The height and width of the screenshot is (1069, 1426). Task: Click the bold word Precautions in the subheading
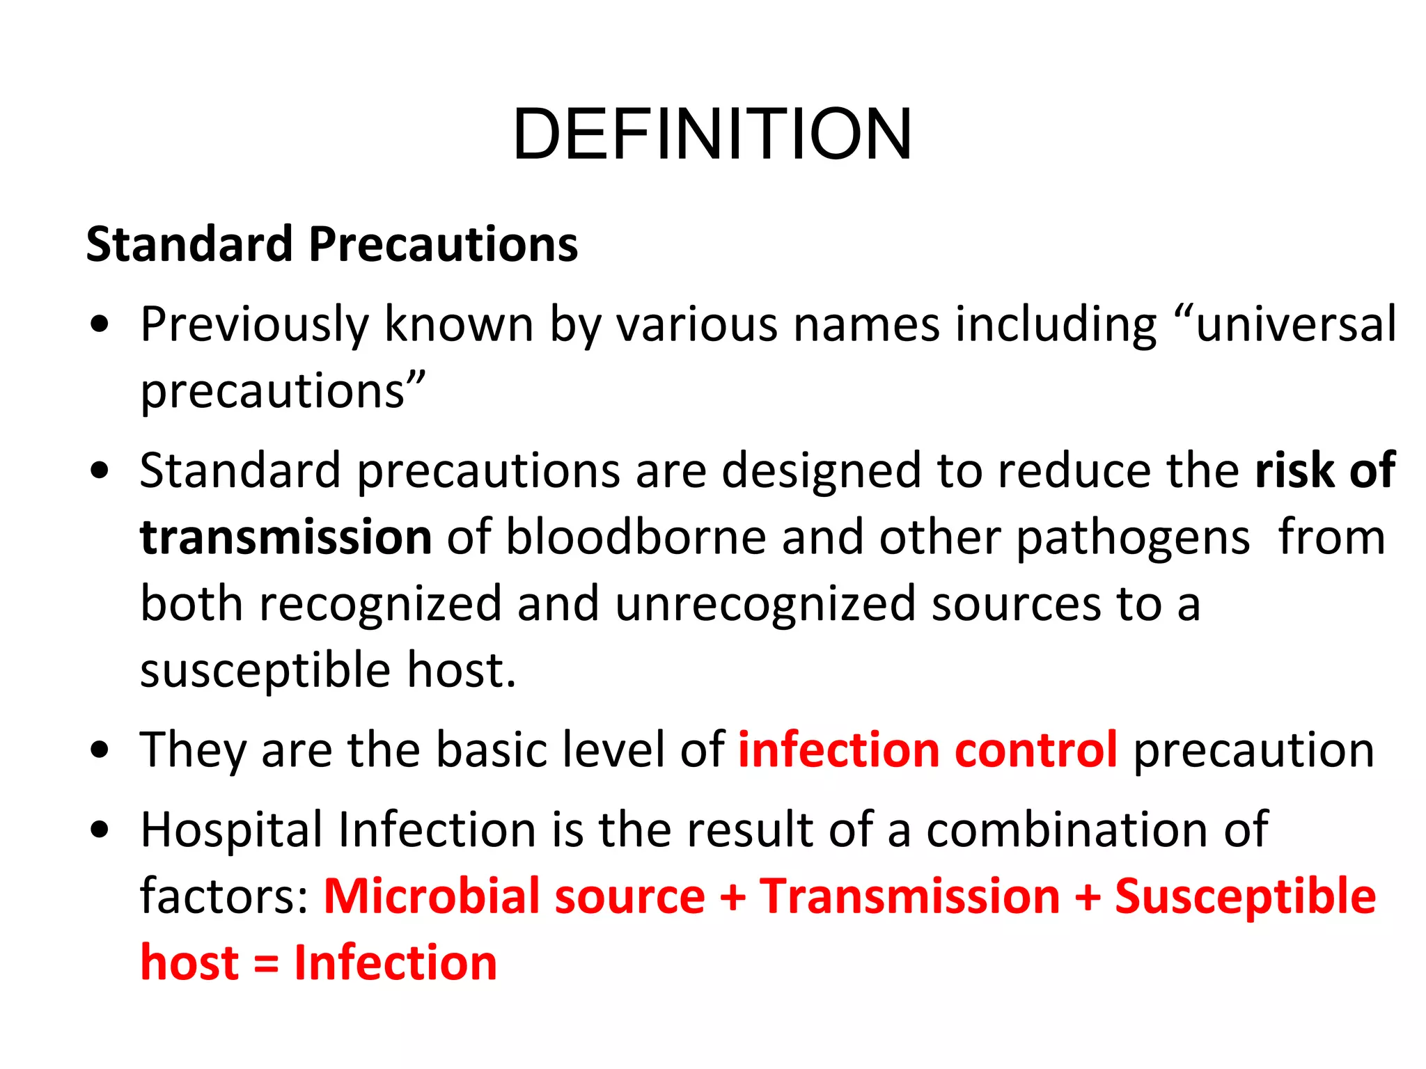pyautogui.click(x=443, y=245)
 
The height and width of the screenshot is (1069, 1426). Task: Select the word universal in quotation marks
pyautogui.click(x=1295, y=324)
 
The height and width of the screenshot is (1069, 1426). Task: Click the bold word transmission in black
pyautogui.click(x=285, y=538)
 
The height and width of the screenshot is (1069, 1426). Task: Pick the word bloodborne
pyautogui.click(x=635, y=538)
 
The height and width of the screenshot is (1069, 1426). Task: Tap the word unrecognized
pyautogui.click(x=765, y=604)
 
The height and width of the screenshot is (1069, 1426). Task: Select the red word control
pyautogui.click(x=1035, y=750)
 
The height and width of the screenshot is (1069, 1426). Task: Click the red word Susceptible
pyautogui.click(x=1245, y=897)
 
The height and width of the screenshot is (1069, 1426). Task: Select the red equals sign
pyautogui.click(x=265, y=964)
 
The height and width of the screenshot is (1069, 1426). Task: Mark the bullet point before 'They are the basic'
pyautogui.click(x=100, y=750)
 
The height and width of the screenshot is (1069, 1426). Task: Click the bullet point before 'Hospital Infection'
pyautogui.click(x=100, y=830)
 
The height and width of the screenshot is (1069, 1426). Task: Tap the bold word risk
pyautogui.click(x=1294, y=471)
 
